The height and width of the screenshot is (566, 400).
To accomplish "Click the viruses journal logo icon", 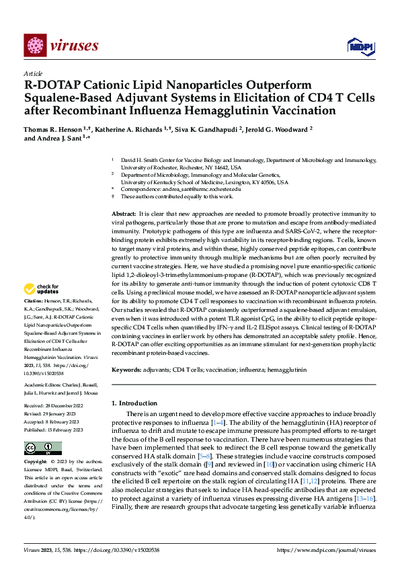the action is [34, 45].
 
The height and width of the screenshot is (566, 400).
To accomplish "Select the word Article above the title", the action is [33, 73].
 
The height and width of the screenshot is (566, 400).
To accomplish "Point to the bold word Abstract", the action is [125, 212].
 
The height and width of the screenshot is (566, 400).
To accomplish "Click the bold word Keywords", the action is [127, 370].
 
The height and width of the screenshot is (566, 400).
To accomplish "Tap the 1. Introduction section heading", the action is [133, 403].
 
